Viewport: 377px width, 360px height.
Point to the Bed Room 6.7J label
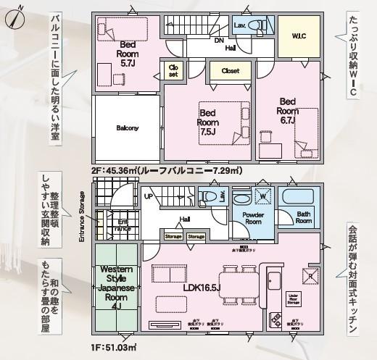[287, 111]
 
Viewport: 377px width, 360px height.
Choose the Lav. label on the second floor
[240, 25]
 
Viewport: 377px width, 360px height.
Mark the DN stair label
[218, 41]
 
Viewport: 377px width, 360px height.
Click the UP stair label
[149, 196]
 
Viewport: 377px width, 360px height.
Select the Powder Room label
[253, 219]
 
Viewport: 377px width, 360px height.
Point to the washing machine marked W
[262, 197]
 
